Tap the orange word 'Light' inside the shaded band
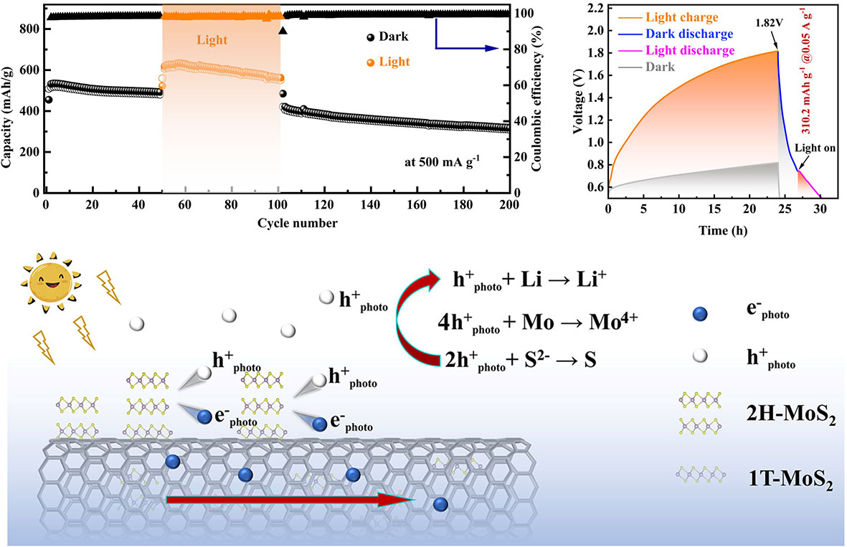click(212, 40)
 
